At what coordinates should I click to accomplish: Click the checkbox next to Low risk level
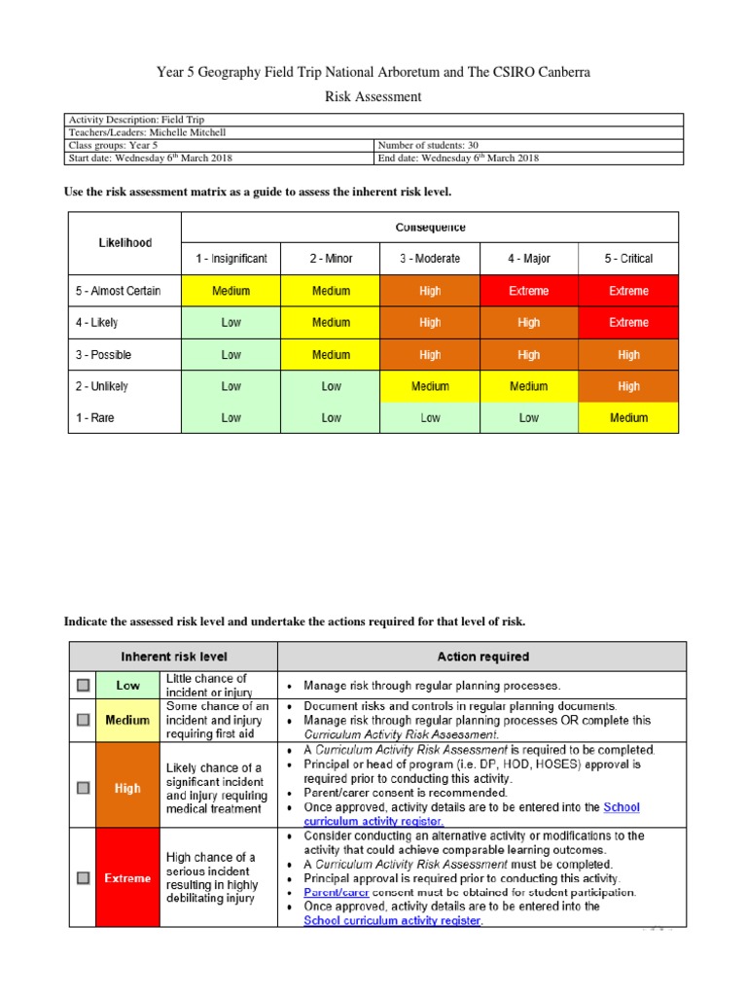[83, 686]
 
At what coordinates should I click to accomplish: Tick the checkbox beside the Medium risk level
[83, 721]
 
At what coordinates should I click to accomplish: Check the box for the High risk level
[83, 788]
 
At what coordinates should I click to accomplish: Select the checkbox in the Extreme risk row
[83, 877]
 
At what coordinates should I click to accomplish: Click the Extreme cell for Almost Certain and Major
[528, 291]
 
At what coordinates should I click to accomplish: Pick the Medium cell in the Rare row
[628, 418]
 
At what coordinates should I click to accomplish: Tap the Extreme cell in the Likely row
[628, 323]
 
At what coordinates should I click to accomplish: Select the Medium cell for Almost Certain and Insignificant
[231, 291]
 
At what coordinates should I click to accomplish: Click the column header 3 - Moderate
[430, 259]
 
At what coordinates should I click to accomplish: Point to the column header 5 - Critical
[628, 259]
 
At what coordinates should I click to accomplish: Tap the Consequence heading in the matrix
[430, 228]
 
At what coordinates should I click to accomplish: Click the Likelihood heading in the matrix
[124, 243]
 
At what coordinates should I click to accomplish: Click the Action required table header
[482, 657]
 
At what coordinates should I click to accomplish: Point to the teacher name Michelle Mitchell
[176, 132]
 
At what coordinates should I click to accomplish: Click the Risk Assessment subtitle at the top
[373, 97]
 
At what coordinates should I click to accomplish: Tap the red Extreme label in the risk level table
[127, 878]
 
